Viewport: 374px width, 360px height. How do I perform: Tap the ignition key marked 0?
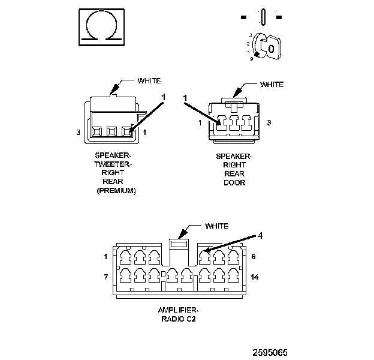tap(270, 48)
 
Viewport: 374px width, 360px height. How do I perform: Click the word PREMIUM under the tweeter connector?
tap(116, 191)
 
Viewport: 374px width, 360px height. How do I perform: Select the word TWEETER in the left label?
tap(113, 164)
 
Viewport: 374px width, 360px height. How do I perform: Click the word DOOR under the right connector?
tap(234, 182)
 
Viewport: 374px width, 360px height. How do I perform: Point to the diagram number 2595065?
tap(270, 352)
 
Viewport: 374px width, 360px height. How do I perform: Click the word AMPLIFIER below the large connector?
tap(178, 310)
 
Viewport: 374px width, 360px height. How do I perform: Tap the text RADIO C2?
tap(179, 319)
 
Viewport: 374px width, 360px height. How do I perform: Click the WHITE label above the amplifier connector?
tap(216, 226)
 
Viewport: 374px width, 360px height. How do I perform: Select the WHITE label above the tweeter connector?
tap(149, 80)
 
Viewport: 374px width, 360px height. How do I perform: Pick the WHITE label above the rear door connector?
tap(272, 84)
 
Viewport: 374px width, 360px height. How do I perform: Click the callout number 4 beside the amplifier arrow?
tap(260, 236)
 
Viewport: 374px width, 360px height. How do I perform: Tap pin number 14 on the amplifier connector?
tap(255, 277)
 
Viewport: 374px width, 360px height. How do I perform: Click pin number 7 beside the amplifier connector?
tap(106, 277)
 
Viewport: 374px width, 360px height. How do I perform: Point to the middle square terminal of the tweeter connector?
tap(111, 131)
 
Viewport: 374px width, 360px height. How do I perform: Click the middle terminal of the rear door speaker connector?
tap(234, 123)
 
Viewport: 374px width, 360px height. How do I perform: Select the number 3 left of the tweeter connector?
tap(78, 132)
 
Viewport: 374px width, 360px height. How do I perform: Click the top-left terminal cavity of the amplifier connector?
tap(125, 257)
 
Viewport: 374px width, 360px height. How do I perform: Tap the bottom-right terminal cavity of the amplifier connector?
tap(234, 275)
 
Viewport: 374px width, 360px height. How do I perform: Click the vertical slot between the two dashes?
tap(263, 17)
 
